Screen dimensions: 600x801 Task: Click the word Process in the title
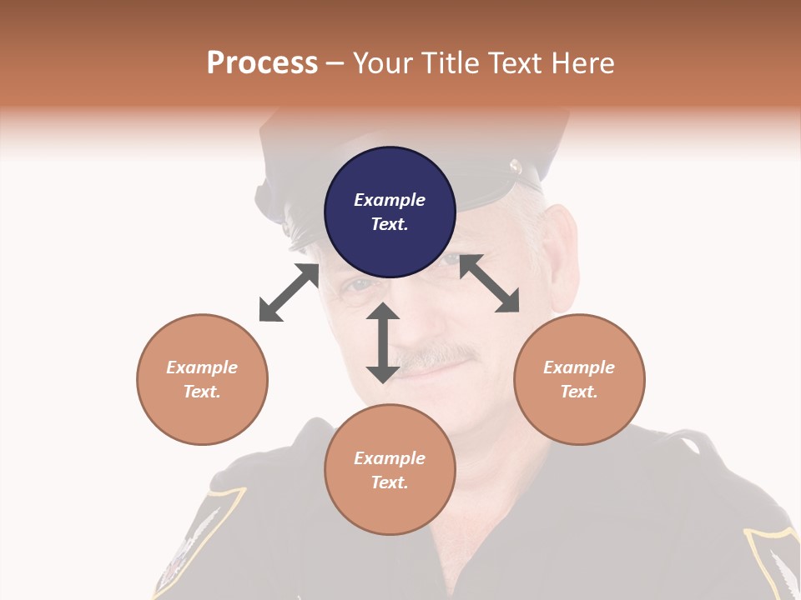pyautogui.click(x=262, y=63)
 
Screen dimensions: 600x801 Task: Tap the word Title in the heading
pyautogui.click(x=452, y=63)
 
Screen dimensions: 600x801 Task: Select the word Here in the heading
pyautogui.click(x=582, y=63)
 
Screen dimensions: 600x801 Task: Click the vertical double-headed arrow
pyautogui.click(x=383, y=342)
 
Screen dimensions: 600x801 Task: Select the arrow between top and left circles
pyautogui.click(x=289, y=292)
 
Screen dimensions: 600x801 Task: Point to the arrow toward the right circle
pyautogui.click(x=489, y=283)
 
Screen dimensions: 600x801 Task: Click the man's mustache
pyautogui.click(x=437, y=356)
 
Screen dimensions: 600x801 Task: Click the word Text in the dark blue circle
pyautogui.click(x=389, y=224)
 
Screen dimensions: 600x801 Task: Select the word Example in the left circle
pyautogui.click(x=202, y=367)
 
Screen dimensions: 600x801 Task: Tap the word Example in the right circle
pyautogui.click(x=579, y=367)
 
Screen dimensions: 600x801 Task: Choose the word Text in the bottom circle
pyautogui.click(x=389, y=482)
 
